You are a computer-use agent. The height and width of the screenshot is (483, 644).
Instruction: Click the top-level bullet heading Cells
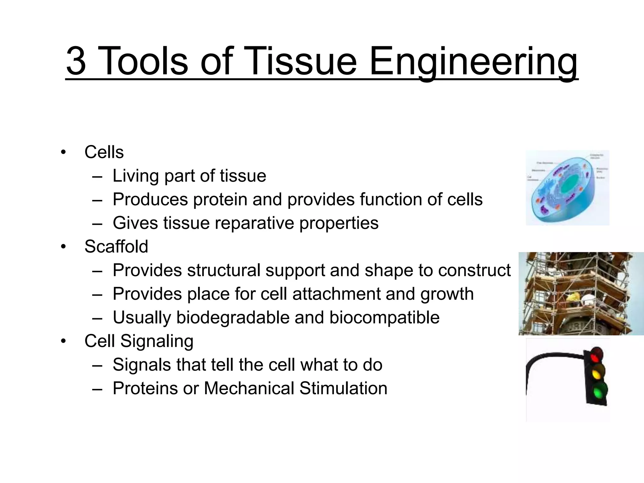click(x=104, y=152)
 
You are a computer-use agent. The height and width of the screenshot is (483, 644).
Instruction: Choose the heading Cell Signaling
click(x=139, y=341)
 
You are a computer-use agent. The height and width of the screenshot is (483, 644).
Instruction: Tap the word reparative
click(x=254, y=223)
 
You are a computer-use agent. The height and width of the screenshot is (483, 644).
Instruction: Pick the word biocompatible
click(x=384, y=317)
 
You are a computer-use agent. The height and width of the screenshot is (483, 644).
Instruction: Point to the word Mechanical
click(x=249, y=388)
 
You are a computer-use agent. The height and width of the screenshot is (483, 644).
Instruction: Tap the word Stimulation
click(x=343, y=388)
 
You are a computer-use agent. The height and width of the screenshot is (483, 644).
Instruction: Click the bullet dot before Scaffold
click(x=64, y=247)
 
